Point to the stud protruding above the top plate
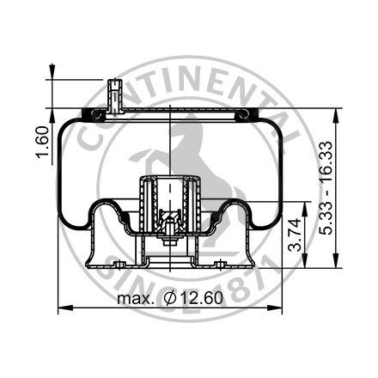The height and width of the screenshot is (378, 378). pyautogui.click(x=113, y=93)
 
